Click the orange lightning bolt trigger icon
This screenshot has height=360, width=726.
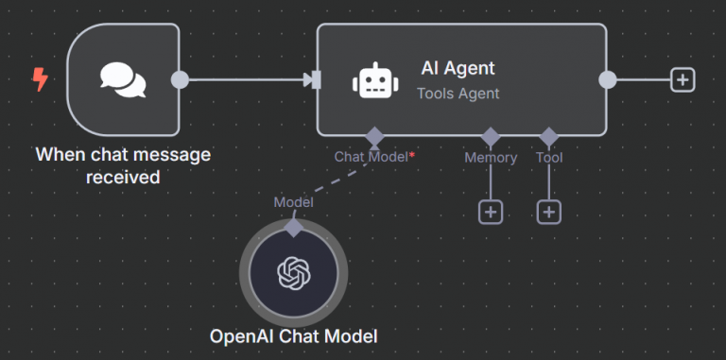tap(40, 80)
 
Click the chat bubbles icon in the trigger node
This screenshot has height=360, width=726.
tap(123, 80)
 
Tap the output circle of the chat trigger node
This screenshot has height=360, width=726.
tap(180, 80)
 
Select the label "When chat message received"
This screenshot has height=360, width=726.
tap(123, 165)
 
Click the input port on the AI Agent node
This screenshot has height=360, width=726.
tap(316, 80)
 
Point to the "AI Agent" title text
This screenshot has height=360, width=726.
tap(458, 68)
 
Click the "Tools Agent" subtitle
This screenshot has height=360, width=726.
tap(458, 93)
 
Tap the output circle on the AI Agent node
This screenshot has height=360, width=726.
tap(607, 80)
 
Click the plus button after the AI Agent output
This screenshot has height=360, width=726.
tap(683, 80)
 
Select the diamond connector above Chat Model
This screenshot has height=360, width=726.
tap(374, 135)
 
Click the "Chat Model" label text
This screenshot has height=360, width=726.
tap(370, 157)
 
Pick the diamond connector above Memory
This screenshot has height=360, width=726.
tap(490, 135)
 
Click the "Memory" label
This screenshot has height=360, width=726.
tap(490, 157)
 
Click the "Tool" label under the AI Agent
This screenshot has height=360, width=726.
tap(549, 157)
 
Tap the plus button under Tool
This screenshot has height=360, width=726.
tap(549, 212)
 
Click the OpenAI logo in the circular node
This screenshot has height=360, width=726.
tap(293, 273)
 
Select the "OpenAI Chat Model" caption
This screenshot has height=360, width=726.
tap(293, 335)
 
